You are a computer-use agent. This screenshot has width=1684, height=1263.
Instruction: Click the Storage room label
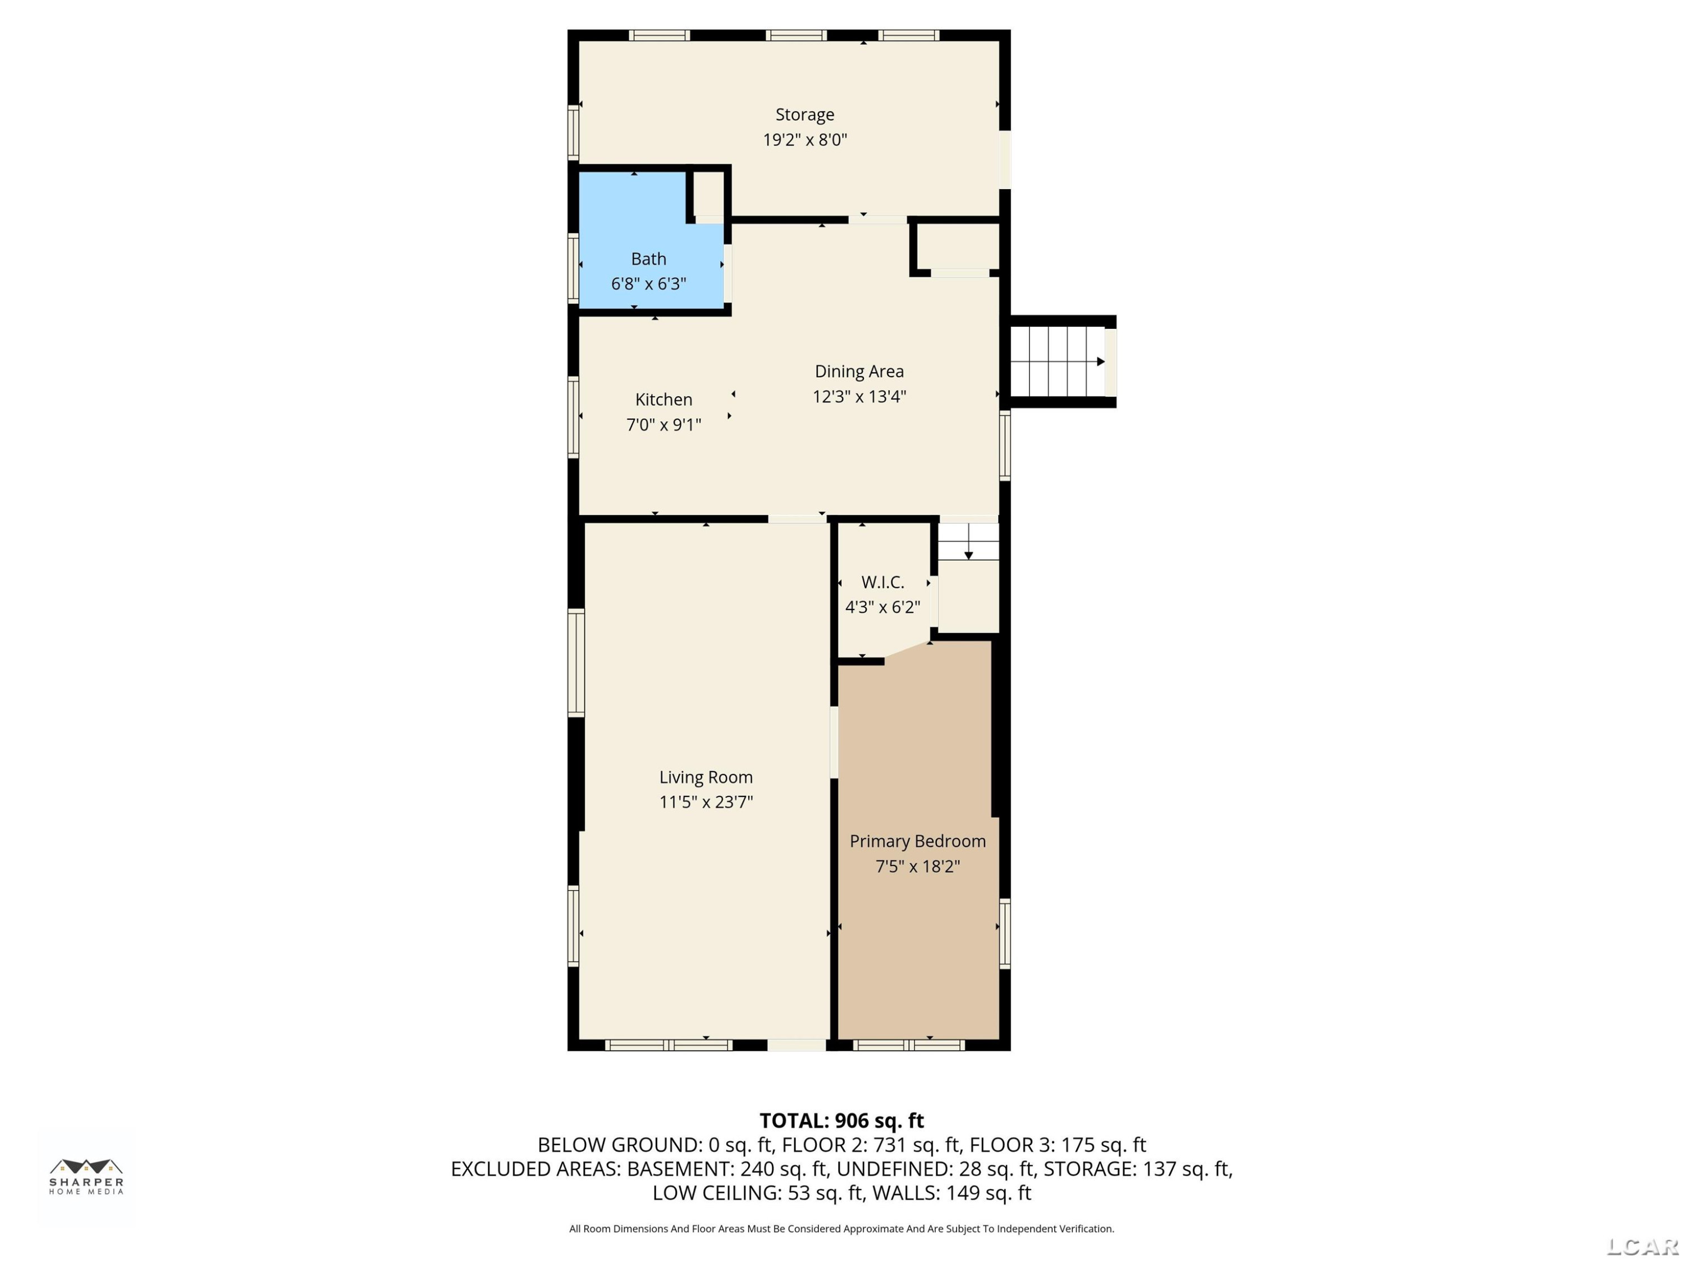click(x=805, y=115)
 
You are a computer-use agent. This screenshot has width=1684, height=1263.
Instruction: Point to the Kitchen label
click(x=664, y=400)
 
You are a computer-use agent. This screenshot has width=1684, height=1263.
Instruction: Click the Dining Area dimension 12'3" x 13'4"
click(x=859, y=397)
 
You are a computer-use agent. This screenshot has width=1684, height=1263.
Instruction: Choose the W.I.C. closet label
click(x=882, y=583)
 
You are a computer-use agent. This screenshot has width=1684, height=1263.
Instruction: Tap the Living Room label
click(x=706, y=777)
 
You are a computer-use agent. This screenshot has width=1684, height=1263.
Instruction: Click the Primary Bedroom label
click(x=917, y=841)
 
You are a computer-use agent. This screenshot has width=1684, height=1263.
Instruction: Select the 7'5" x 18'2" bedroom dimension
click(x=917, y=866)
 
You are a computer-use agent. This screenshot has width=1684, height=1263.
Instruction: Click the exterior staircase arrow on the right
click(x=1101, y=361)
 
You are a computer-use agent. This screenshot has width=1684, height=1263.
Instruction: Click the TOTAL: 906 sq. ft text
click(x=841, y=1120)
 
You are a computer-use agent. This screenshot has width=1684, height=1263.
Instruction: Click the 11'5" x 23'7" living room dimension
click(x=706, y=802)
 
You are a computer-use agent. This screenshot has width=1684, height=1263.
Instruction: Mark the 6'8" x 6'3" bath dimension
click(x=649, y=284)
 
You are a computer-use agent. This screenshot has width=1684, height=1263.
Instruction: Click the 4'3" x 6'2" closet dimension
click(x=882, y=607)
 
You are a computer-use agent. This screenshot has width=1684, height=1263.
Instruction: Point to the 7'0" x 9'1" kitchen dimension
click(x=664, y=425)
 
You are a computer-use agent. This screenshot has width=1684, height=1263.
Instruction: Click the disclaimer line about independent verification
click(x=841, y=1229)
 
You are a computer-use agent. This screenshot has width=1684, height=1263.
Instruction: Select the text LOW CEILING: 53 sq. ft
click(x=758, y=1193)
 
